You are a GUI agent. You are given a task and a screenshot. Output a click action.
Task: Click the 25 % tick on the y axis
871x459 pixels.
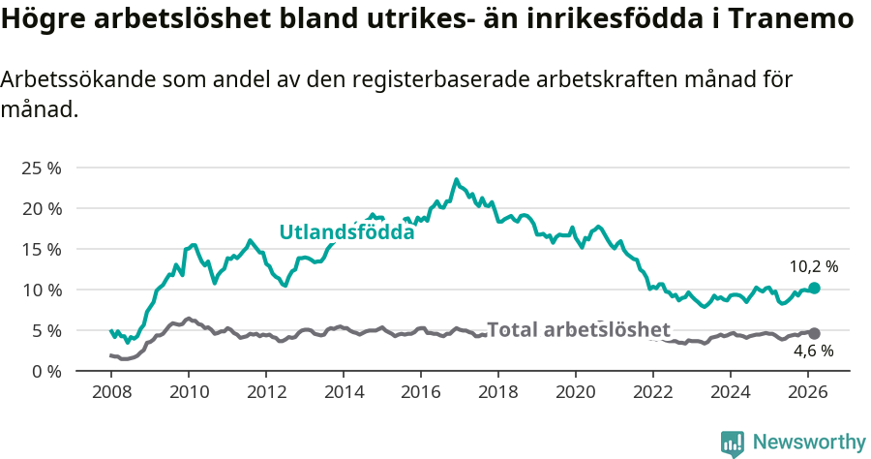click(41, 168)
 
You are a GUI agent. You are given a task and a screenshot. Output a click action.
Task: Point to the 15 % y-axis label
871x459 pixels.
click(41, 249)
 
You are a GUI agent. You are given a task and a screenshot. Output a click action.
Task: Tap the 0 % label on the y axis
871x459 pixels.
click(45, 371)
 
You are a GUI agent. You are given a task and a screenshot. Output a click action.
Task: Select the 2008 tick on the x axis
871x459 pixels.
click(111, 392)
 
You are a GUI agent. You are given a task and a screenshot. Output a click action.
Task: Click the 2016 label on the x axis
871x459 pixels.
click(421, 392)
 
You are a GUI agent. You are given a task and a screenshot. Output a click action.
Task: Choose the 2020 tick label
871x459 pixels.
click(576, 392)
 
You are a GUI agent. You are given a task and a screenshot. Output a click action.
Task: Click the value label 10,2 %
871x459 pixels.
click(813, 265)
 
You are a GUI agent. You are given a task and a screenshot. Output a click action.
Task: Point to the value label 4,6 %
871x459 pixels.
click(813, 352)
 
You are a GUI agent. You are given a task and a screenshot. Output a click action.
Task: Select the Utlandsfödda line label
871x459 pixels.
click(346, 232)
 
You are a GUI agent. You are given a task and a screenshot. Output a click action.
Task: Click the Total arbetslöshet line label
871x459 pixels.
click(578, 329)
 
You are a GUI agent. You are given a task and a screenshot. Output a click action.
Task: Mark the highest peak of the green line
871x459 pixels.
click(456, 180)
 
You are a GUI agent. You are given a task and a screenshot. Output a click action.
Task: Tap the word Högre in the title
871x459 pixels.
click(42, 20)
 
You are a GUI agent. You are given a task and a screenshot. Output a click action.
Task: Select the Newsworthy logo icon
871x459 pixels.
click(733, 443)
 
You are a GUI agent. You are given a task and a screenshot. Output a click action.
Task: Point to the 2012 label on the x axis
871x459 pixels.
click(266, 392)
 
